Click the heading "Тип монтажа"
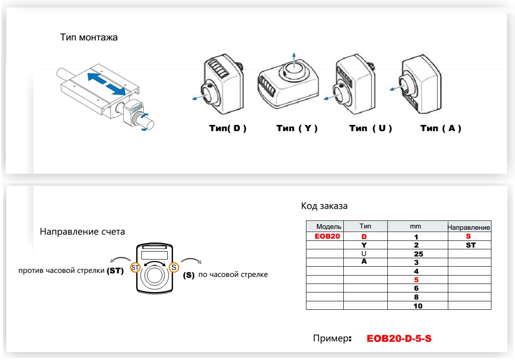(89, 37)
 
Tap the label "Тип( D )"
(228, 129)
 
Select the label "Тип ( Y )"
(297, 129)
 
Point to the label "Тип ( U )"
(370, 129)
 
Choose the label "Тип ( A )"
(441, 129)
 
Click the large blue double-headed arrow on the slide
(106, 84)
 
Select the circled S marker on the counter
(173, 268)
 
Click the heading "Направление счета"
(82, 232)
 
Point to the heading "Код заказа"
(324, 206)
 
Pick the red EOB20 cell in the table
(327, 236)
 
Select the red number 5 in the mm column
(416, 280)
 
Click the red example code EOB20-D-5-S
(399, 339)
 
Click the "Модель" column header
(328, 227)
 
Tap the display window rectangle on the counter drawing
(154, 255)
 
